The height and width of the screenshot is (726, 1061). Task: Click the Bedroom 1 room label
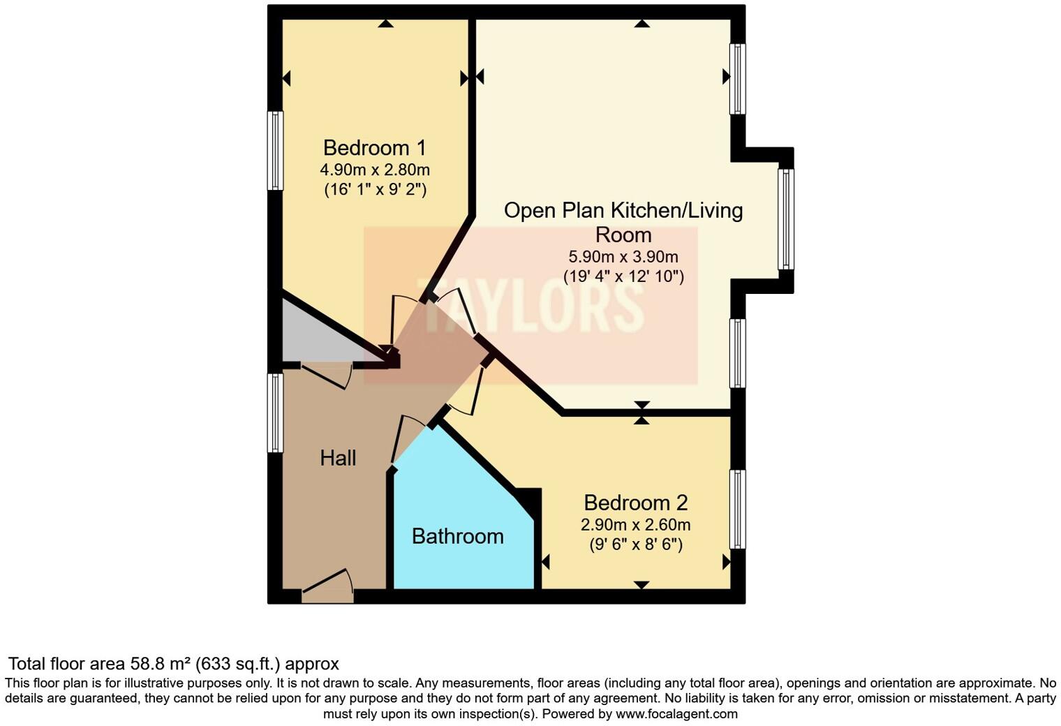[374, 148]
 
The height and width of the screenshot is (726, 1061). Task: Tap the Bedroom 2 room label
[635, 503]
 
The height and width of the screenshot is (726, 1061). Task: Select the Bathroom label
[457, 536]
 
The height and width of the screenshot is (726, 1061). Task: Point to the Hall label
[338, 458]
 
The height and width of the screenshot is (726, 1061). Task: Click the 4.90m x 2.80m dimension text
[374, 170]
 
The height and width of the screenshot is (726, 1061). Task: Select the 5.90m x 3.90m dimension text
[623, 257]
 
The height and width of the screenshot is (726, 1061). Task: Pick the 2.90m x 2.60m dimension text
[635, 524]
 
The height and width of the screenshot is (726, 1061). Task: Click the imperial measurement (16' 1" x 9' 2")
[374, 189]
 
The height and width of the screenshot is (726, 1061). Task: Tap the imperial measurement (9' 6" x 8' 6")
[635, 544]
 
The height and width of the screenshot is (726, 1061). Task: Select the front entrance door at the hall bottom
[327, 588]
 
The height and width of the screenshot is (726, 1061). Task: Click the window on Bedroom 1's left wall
[276, 151]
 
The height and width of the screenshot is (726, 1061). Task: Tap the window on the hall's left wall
[276, 413]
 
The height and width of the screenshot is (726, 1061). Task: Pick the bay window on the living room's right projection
[786, 219]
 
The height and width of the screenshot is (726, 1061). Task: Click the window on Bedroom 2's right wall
[737, 509]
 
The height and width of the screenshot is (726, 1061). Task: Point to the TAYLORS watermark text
[530, 307]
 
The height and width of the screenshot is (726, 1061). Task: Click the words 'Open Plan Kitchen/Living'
[623, 211]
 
